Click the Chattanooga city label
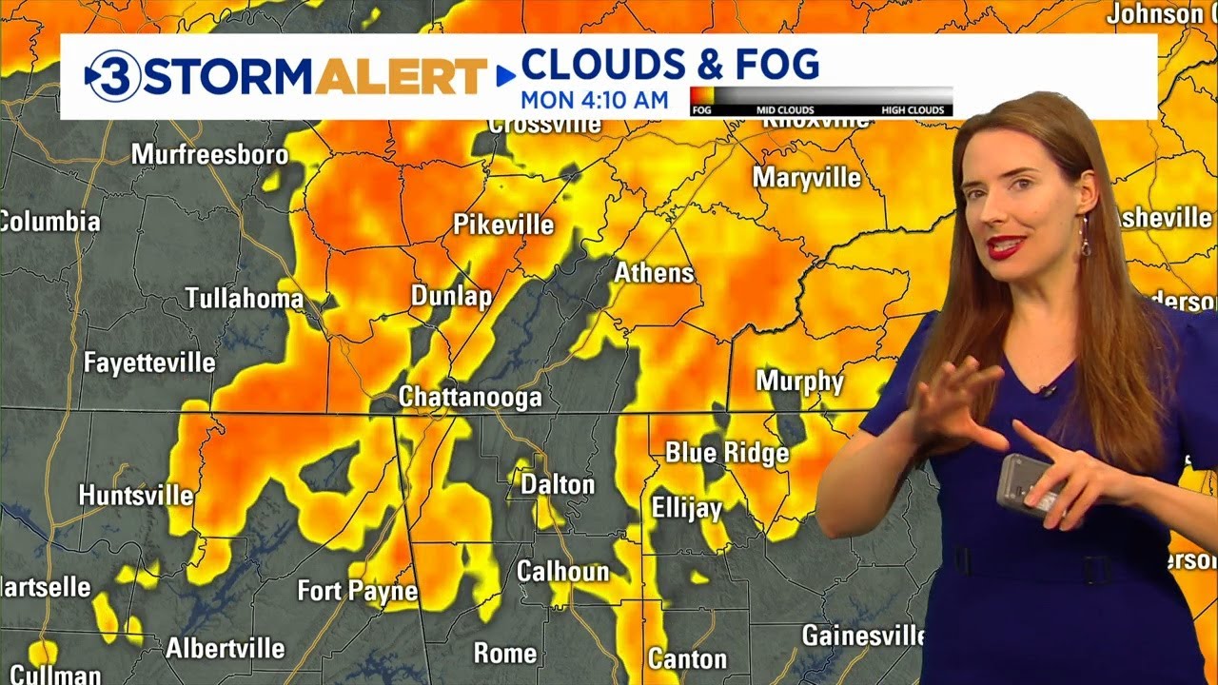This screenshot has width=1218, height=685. [470, 397]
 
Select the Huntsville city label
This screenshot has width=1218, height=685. [135, 496]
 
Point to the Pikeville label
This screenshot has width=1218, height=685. [503, 225]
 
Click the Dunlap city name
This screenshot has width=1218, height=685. [451, 296]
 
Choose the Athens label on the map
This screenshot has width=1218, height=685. [654, 273]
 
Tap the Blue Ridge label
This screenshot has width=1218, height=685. [727, 452]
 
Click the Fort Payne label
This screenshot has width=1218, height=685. [357, 591]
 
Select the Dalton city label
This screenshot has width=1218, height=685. [557, 484]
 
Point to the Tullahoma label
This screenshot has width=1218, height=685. [244, 299]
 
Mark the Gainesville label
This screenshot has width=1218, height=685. [863, 635]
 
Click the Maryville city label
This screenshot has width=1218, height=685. [806, 178]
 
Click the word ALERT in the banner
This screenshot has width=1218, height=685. [401, 76]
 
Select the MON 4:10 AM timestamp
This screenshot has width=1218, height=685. [594, 100]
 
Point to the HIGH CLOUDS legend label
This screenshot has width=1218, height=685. [912, 110]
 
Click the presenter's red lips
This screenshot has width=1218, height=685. [1006, 247]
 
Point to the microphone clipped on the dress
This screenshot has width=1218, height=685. [1048, 390]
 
